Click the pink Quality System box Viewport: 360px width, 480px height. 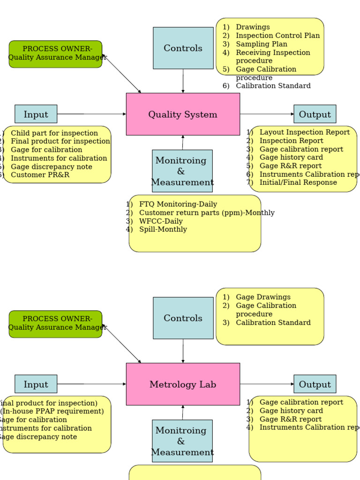(183, 114)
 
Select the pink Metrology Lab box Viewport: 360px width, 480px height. (183, 384)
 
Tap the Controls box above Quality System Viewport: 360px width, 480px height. (183, 48)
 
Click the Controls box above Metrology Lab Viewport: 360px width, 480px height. (183, 318)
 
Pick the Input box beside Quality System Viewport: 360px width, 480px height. (36, 114)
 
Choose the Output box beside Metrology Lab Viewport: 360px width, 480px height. (315, 384)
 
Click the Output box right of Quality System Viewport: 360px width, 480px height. (315, 114)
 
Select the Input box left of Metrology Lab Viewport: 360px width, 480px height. (36, 384)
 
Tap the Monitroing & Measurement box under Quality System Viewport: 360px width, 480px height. (182, 171)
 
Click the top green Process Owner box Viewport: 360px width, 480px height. (55, 53)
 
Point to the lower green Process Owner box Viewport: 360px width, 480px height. (55, 323)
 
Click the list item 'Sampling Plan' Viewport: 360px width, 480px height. (261, 44)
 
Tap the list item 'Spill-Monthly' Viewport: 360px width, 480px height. (163, 230)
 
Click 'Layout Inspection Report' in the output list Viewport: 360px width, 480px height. (304, 132)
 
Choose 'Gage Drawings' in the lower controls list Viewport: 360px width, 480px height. (263, 297)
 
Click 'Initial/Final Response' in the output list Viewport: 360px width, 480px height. (298, 182)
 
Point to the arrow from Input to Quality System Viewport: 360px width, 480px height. (91, 114)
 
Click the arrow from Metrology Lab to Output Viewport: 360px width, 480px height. (267, 384)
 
